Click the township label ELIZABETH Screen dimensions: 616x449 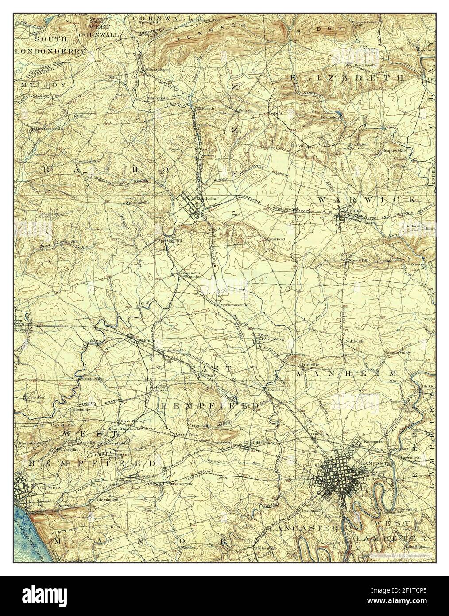[x=347, y=77]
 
